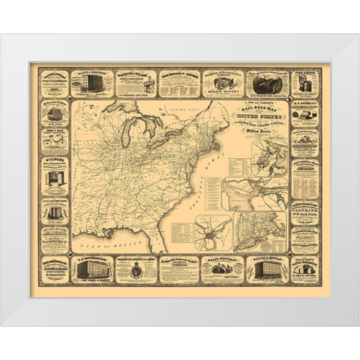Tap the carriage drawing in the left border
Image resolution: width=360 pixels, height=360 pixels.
tap(55, 113)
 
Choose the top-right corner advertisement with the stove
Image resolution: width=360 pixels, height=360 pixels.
tap(304, 83)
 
